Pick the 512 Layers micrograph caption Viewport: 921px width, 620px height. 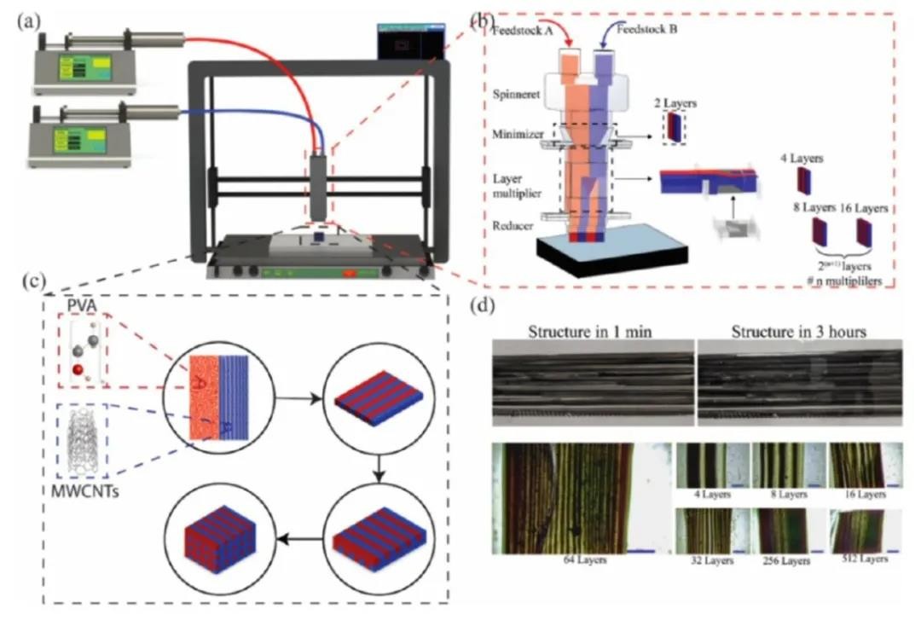[864, 559]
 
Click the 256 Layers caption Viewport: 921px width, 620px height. [792, 560]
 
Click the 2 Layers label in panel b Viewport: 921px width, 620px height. [678, 103]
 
